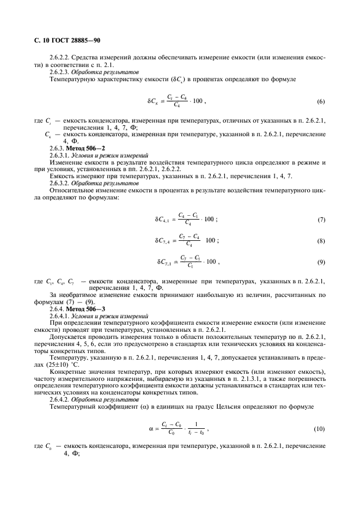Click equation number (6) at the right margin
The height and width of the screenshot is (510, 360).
pos(321,102)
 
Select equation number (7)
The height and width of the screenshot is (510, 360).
pos(321,220)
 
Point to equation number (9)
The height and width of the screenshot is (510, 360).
pos(321,262)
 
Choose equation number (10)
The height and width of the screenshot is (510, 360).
pos(320,429)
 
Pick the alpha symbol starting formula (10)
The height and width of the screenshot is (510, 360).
pos(150,429)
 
